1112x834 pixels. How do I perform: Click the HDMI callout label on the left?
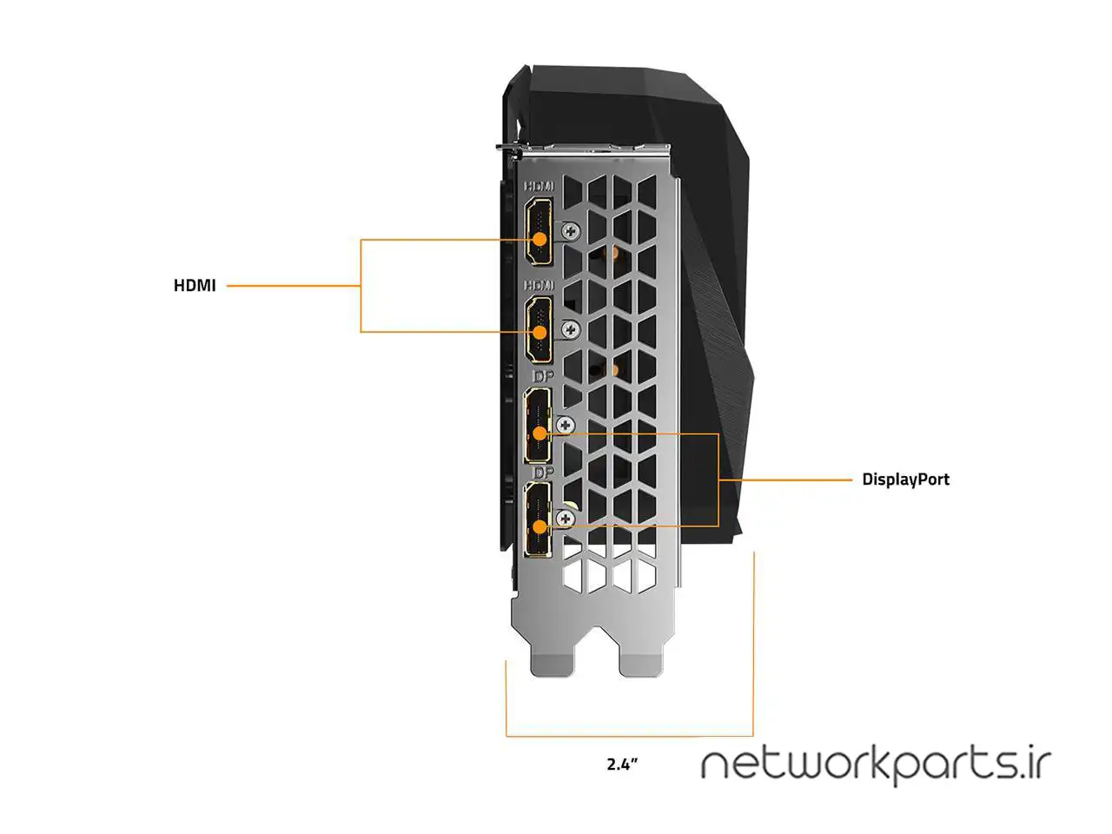[x=195, y=285]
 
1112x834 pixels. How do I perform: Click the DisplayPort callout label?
[x=905, y=479]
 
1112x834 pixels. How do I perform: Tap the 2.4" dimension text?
[x=622, y=764]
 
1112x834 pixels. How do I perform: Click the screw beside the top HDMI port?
[x=571, y=231]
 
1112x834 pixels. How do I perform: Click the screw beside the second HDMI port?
[x=571, y=328]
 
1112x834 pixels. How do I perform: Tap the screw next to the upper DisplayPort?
[x=566, y=425]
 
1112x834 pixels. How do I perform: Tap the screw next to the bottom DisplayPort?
[x=566, y=519]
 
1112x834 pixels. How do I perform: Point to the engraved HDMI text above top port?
[x=539, y=186]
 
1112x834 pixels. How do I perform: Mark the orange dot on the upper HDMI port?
[x=539, y=238]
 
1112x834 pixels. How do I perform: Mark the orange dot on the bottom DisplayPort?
[x=539, y=526]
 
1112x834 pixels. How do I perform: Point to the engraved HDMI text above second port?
[x=539, y=285]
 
